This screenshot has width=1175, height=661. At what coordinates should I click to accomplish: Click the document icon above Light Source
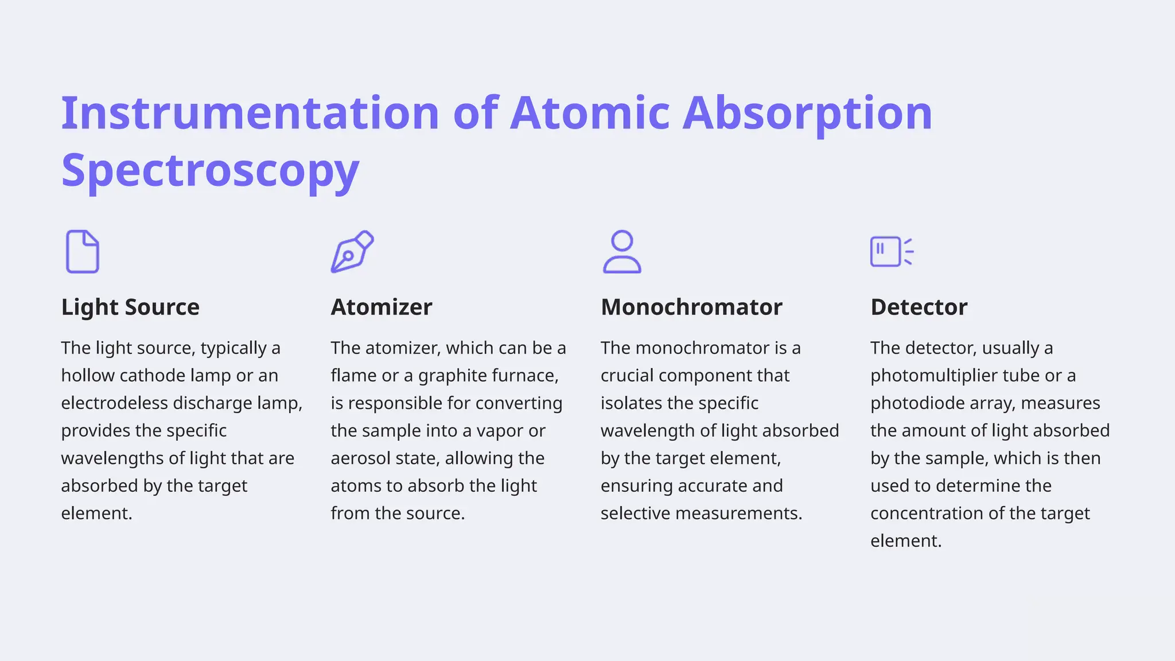(83, 251)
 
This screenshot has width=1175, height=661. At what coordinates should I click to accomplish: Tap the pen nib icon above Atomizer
(352, 251)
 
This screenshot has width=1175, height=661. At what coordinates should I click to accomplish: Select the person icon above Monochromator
(622, 251)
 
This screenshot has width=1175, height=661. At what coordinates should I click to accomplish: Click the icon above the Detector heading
(891, 251)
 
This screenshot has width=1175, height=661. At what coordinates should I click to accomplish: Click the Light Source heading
(130, 307)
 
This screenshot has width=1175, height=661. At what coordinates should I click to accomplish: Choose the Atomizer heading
(382, 307)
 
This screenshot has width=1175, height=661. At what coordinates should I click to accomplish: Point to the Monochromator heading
(691, 307)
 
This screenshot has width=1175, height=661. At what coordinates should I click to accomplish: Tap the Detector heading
(919, 307)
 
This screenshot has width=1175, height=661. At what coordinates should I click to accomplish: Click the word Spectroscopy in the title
(210, 170)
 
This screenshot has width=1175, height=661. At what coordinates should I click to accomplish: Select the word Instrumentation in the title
(250, 112)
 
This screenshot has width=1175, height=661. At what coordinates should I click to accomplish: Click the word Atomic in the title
(590, 112)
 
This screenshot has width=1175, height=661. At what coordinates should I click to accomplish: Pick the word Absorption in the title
(807, 112)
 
